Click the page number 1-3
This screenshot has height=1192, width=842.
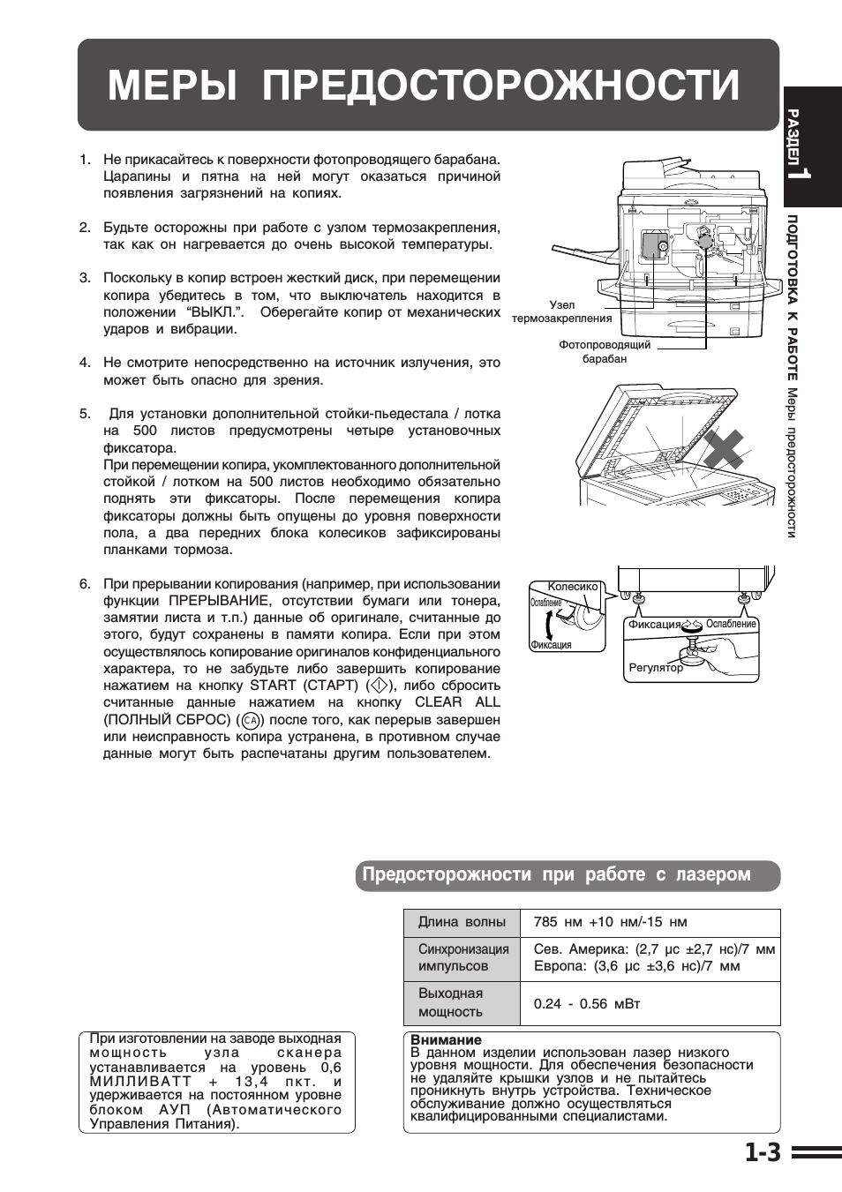coord(762,1152)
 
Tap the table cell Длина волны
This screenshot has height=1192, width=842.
coord(462,922)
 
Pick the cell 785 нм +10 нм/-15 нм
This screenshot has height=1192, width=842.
coord(610,922)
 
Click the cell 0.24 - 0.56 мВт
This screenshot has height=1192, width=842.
coord(587,1003)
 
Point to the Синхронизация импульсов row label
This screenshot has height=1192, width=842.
coord(463,957)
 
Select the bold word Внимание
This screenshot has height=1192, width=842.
coord(446,1039)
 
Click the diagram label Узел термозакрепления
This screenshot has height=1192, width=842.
coord(561,311)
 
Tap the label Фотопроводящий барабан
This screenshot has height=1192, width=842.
coord(604,351)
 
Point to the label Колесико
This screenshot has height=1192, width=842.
coord(572,587)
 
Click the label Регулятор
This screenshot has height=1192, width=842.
coord(655,668)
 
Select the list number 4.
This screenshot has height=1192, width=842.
coord(85,363)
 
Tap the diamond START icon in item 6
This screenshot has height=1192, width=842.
coord(378,686)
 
